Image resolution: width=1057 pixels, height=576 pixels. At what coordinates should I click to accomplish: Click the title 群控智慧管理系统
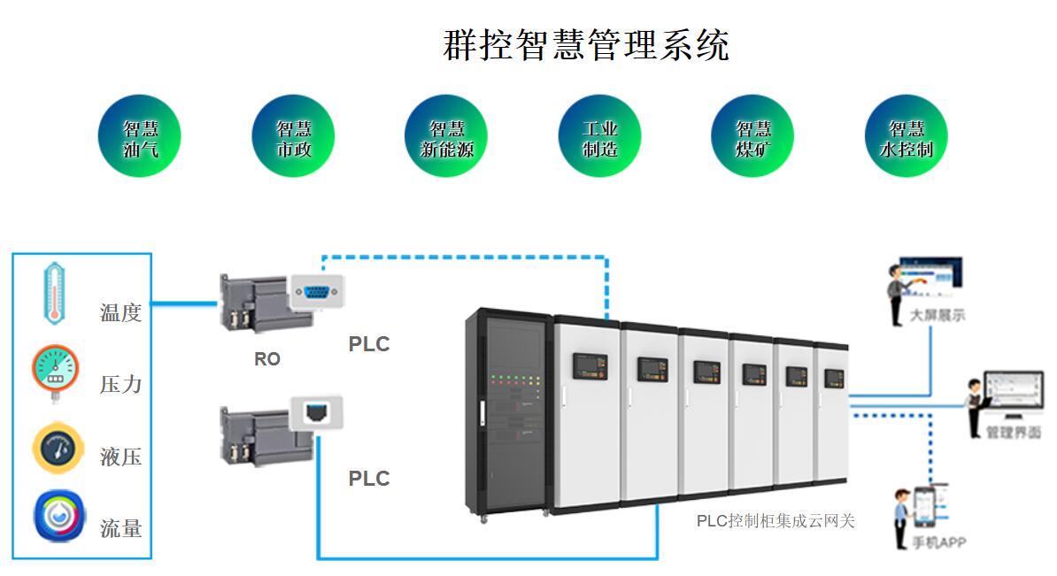coord(585,44)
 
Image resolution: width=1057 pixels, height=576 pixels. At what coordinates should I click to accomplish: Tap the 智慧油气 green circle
coord(140,136)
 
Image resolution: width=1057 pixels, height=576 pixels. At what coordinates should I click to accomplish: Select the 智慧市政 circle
coord(294,136)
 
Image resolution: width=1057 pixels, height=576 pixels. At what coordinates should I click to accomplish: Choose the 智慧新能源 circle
coord(446,136)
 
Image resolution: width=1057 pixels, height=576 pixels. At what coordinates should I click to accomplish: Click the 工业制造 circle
coord(599,136)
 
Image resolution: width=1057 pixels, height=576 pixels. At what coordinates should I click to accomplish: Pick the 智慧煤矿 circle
coord(752,136)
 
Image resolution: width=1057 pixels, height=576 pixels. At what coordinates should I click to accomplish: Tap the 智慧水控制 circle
coord(906,136)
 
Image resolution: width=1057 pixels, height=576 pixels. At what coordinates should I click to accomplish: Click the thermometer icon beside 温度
coord(56,292)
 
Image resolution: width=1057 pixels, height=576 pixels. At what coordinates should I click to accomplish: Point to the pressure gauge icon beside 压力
coord(55,372)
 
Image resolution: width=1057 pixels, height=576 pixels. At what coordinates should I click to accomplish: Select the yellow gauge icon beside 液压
coord(58,448)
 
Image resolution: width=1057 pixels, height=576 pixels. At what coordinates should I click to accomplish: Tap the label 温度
coord(120,312)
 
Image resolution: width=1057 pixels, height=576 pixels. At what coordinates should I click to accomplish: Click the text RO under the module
coord(266,359)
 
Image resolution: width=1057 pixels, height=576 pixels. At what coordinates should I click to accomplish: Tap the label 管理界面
coord(1013,432)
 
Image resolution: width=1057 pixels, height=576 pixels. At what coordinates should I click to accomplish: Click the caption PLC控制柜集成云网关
coord(775,521)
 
